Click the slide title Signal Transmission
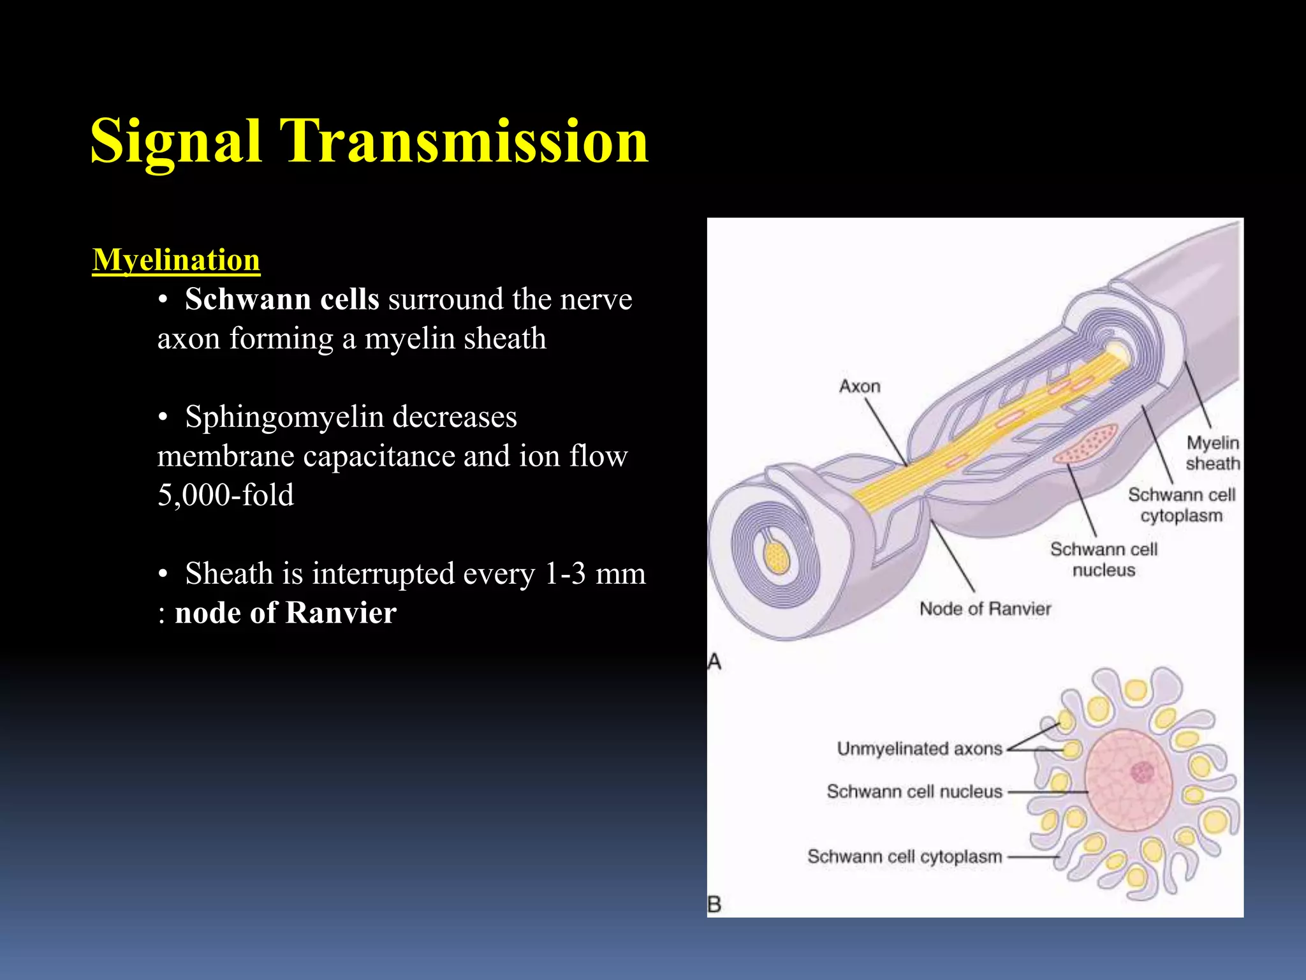point(369,141)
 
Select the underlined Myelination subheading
point(176,260)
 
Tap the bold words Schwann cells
point(282,299)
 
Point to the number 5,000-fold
point(226,495)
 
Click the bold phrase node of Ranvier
point(286,613)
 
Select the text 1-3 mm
point(595,574)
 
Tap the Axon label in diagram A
point(860,387)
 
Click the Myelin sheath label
point(1212,453)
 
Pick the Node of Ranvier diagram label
point(985,609)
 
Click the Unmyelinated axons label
point(919,748)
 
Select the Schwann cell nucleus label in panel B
point(914,792)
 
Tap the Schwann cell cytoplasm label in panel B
point(904,856)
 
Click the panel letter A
point(715,662)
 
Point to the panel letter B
point(715,904)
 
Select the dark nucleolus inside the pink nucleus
point(1142,773)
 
